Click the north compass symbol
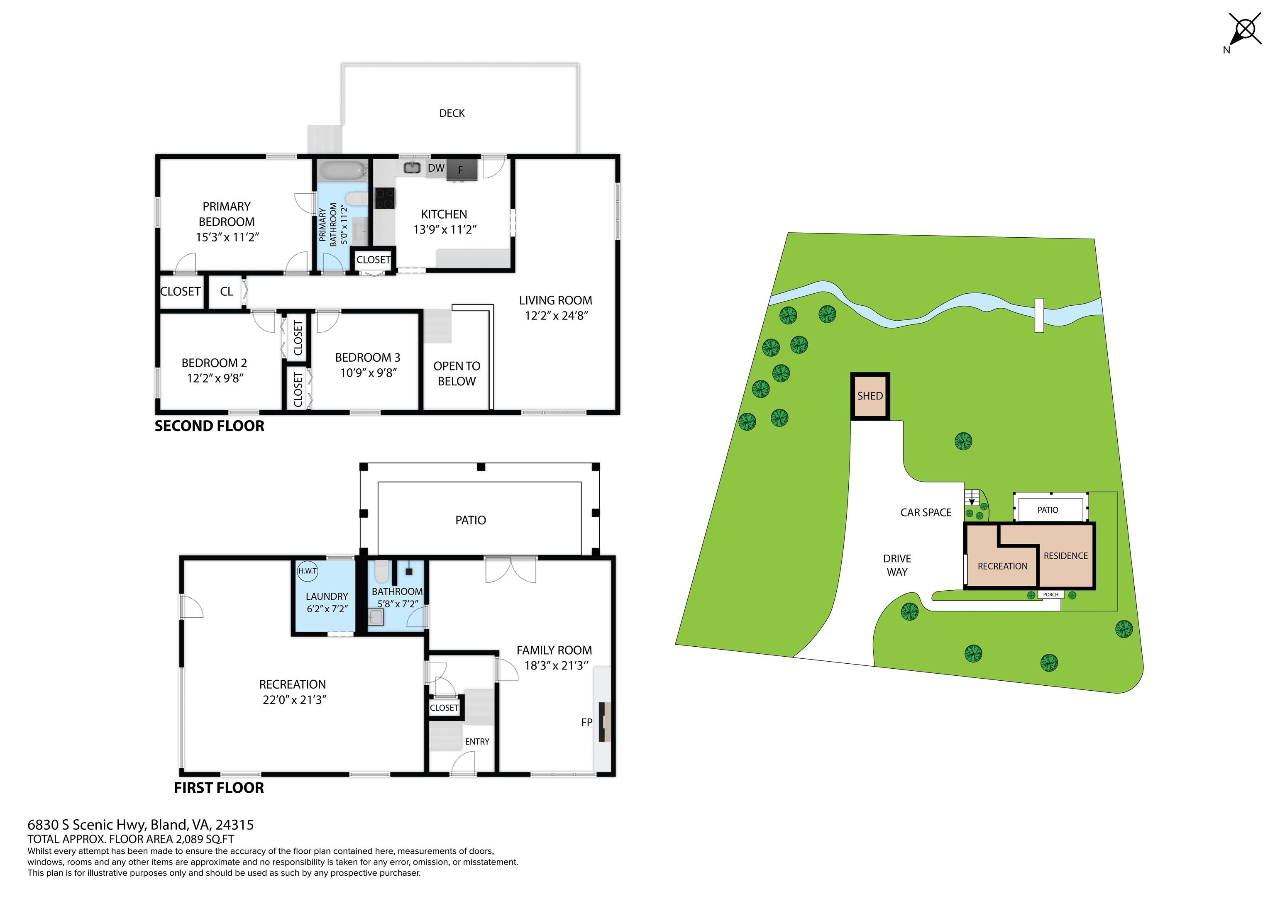tap(1245, 29)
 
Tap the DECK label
tap(452, 113)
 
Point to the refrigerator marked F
tap(462, 170)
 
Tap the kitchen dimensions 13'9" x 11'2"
tap(445, 229)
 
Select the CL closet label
tap(226, 292)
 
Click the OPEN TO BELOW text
tap(457, 374)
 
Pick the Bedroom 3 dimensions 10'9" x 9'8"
tap(368, 373)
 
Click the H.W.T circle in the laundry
tap(308, 571)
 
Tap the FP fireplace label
tap(586, 722)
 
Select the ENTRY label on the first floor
tap(477, 742)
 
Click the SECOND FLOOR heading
tap(209, 426)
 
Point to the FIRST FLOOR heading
tap(219, 788)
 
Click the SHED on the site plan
tap(870, 396)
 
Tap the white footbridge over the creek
tap(1039, 315)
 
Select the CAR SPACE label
tap(926, 512)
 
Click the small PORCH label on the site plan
tap(1050, 594)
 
